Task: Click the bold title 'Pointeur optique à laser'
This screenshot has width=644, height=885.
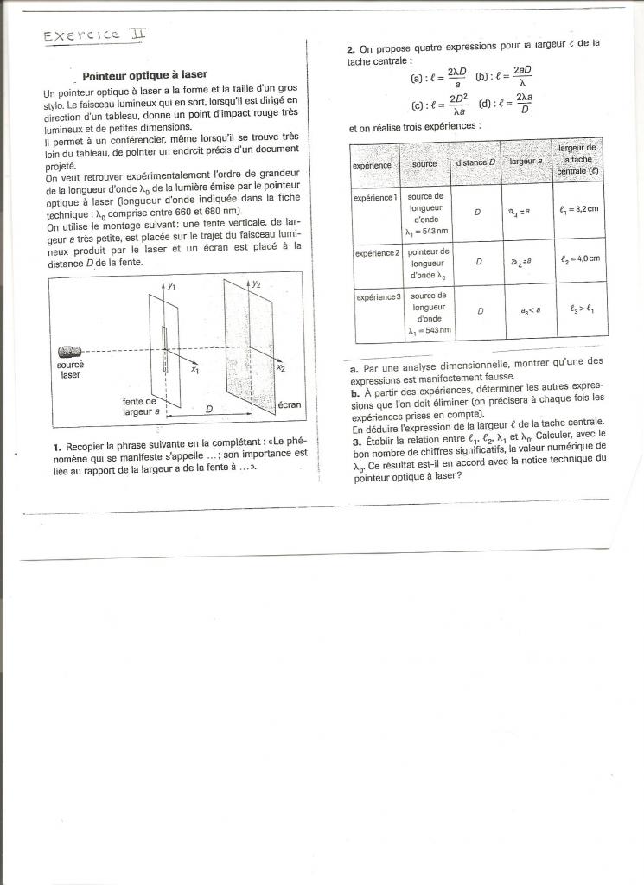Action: click(144, 75)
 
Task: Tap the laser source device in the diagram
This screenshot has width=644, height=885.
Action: click(70, 352)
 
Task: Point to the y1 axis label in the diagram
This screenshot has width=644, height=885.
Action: click(171, 285)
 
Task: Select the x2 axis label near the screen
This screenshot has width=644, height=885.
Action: click(281, 368)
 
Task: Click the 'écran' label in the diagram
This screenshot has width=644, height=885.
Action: click(290, 404)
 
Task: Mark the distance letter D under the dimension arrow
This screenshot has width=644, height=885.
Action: click(207, 407)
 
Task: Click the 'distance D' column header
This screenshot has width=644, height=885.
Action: click(475, 162)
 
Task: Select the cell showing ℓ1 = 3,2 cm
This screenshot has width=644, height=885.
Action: click(579, 208)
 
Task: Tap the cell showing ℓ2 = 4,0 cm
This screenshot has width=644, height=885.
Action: click(579, 258)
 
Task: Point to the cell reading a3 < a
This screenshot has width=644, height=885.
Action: click(525, 309)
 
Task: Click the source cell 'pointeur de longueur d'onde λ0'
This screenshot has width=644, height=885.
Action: click(424, 264)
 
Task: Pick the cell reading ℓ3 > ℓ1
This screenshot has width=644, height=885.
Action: click(579, 308)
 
